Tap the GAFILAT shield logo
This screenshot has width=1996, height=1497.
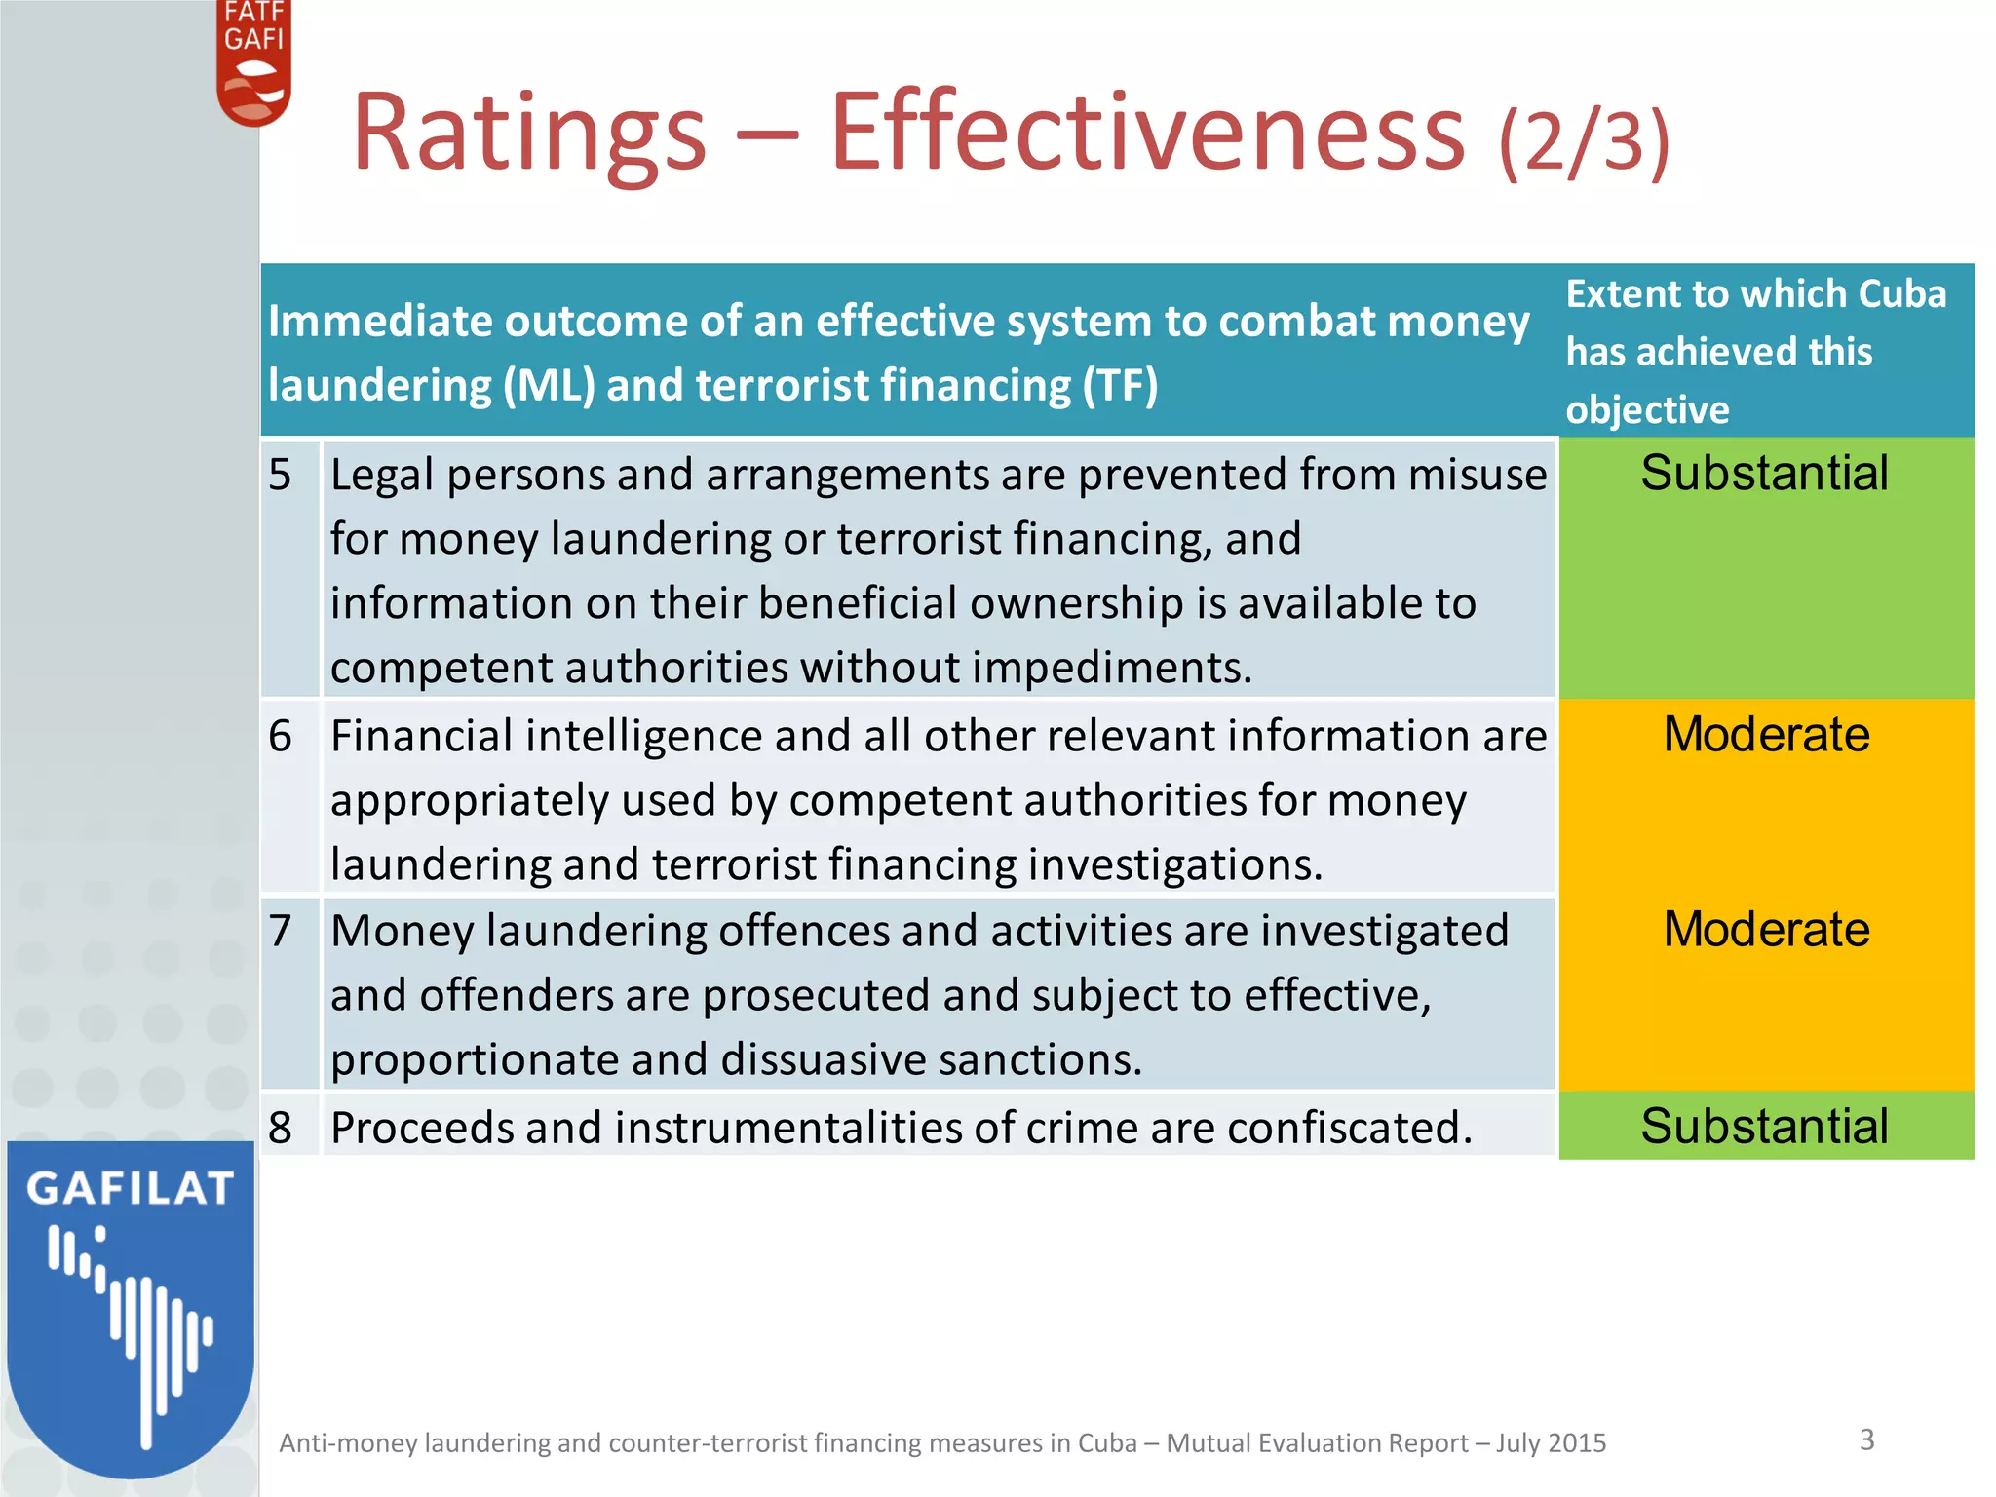[x=131, y=1306]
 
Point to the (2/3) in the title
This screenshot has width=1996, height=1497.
[x=1585, y=141]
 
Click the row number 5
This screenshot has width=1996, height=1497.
[x=281, y=476]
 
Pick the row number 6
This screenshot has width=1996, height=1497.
[x=281, y=736]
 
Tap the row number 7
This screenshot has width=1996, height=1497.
[x=281, y=931]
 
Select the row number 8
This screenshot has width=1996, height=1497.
[x=281, y=1128]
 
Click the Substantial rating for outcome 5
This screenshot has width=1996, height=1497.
[x=1764, y=474]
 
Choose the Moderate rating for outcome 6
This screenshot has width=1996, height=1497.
[x=1766, y=735]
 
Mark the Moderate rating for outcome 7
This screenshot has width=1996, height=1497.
[x=1766, y=930]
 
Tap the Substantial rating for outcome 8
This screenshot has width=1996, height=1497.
[x=1764, y=1127]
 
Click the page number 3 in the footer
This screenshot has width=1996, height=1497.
[x=1866, y=1439]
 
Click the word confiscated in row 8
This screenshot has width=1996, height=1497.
[x=1350, y=1129]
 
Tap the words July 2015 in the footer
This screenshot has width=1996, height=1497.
[x=1551, y=1443]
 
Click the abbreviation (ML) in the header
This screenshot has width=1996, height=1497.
[x=549, y=386]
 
